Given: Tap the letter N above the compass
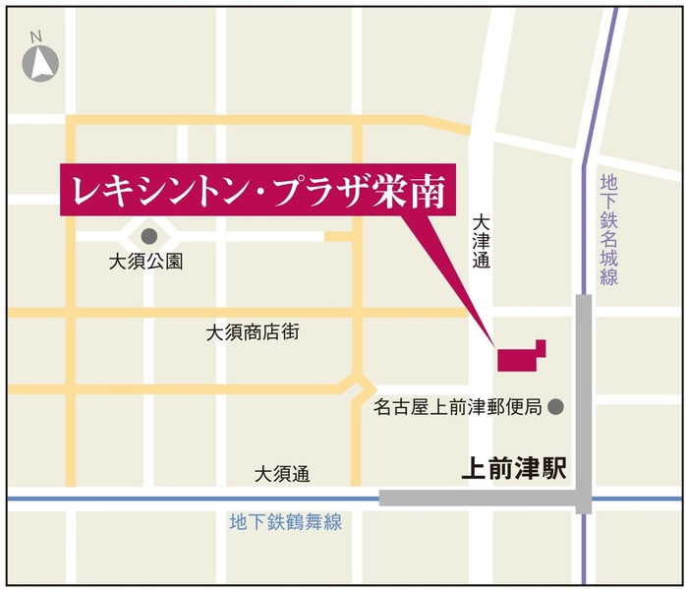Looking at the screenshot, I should click(35, 37).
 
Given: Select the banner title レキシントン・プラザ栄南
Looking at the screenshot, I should click(258, 190).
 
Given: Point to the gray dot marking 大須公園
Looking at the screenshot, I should click(148, 236).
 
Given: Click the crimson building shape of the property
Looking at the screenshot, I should click(519, 358).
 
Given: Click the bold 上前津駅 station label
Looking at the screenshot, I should click(514, 469).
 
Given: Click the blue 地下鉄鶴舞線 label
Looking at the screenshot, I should click(286, 522).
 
